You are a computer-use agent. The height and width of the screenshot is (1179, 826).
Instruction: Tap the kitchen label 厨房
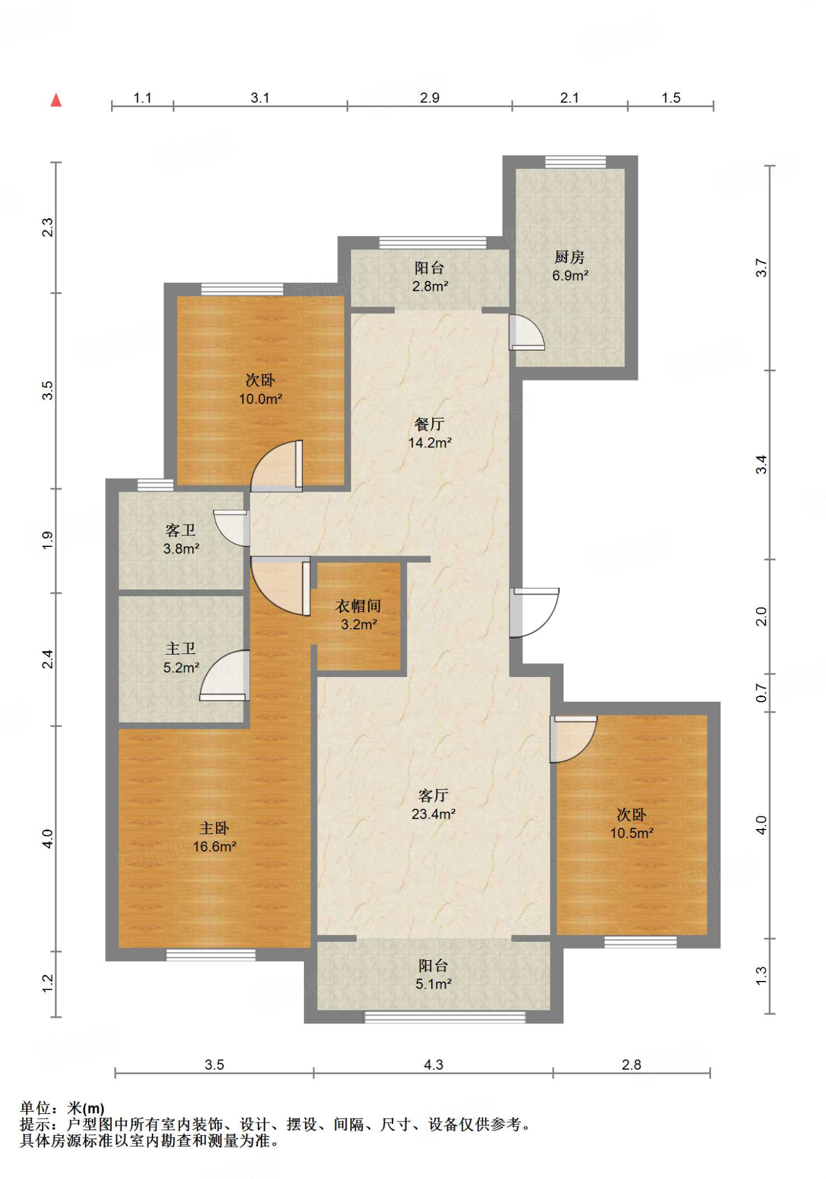click(569, 257)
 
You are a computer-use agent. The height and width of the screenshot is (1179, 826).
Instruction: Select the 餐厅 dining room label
click(429, 424)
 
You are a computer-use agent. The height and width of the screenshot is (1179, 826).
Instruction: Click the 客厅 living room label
click(433, 796)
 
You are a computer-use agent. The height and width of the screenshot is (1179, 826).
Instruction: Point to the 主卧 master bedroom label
click(214, 828)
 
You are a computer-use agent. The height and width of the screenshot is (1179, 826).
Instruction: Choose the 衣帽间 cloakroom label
click(358, 606)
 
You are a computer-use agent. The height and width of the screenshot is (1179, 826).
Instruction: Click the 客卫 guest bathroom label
click(181, 530)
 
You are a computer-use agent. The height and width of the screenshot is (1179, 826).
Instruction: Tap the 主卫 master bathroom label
click(181, 649)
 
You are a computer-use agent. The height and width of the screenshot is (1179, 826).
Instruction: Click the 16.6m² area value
click(215, 846)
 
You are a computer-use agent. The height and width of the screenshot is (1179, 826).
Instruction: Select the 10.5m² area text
click(631, 833)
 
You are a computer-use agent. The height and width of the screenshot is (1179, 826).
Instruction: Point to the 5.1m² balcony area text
click(433, 984)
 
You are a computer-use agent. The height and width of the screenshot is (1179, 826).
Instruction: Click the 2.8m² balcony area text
click(430, 286)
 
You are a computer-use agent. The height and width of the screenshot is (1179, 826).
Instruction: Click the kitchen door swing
click(527, 333)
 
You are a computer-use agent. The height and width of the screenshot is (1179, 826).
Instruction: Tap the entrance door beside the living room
click(534, 613)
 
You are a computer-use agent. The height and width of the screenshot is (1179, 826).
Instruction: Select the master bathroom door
click(224, 675)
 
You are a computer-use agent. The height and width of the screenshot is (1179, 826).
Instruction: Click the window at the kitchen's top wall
click(575, 162)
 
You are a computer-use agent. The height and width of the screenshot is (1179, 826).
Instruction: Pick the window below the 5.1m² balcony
click(444, 1017)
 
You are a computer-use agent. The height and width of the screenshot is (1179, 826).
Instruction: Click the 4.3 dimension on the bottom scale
click(433, 1064)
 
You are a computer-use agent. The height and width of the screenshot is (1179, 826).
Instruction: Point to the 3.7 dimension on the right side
click(761, 268)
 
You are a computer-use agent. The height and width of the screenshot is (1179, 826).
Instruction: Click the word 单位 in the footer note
click(36, 1108)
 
